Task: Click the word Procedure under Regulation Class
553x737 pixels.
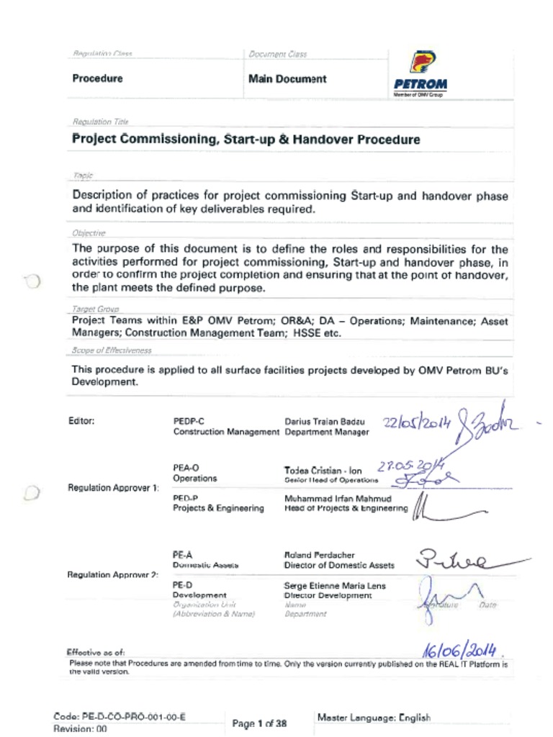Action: tap(97, 78)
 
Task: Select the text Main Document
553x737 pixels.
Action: tap(287, 79)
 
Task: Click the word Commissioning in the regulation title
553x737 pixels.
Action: tap(167, 139)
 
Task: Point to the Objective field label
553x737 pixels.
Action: tap(89, 233)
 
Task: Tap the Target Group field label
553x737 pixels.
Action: tap(95, 308)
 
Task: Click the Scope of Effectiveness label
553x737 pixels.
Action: tap(111, 351)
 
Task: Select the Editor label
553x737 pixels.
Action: tap(81, 421)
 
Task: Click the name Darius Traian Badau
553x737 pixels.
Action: tap(324, 421)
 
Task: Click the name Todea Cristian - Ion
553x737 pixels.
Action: tap(323, 469)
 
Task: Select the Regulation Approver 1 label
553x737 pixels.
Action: tap(113, 488)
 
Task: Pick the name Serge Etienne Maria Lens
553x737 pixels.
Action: tap(334, 586)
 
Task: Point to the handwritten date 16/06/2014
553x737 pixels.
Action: tap(460, 649)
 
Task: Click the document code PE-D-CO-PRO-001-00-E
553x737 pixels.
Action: tap(120, 717)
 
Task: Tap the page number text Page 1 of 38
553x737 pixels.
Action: tap(260, 723)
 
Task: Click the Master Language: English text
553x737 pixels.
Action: tap(374, 718)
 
